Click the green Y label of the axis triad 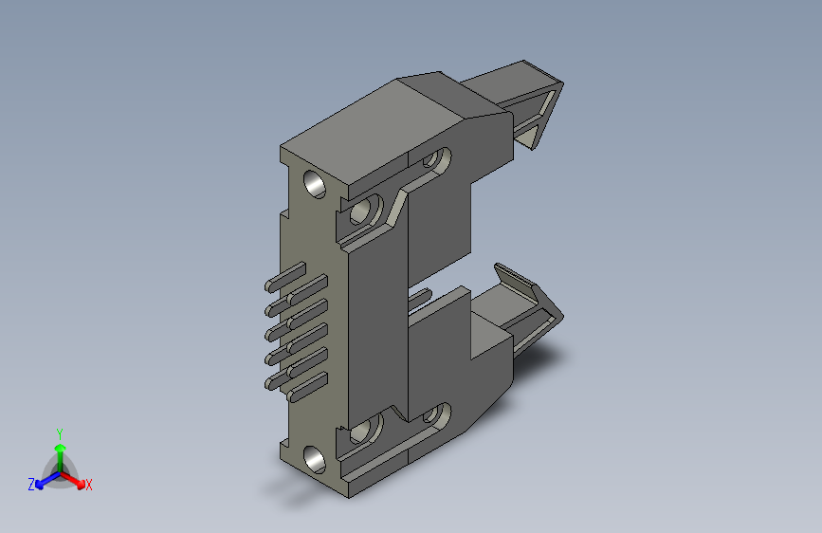60,434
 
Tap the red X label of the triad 88,485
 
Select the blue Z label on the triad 31,485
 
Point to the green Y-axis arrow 61,458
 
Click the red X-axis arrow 72,480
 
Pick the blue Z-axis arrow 47,480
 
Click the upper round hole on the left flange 315,184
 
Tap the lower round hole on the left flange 315,460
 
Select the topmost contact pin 285,277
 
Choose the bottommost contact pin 307,387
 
